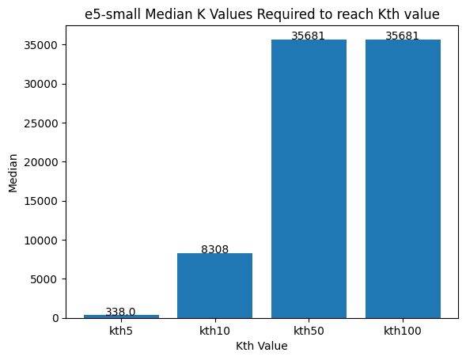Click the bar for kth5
[x=121, y=316]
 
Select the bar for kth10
[x=214, y=286]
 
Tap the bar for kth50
[x=309, y=179]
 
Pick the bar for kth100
[x=403, y=179]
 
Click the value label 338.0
[x=121, y=312]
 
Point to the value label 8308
[x=214, y=249]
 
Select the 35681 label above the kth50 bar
[x=309, y=36]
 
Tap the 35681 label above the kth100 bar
[x=403, y=36]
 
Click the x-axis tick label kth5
[x=121, y=331]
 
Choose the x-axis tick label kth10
[x=214, y=331]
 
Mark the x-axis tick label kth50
[x=309, y=331]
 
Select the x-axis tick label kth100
[x=403, y=331]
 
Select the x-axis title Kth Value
[x=262, y=346]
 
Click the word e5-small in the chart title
[x=109, y=14]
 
